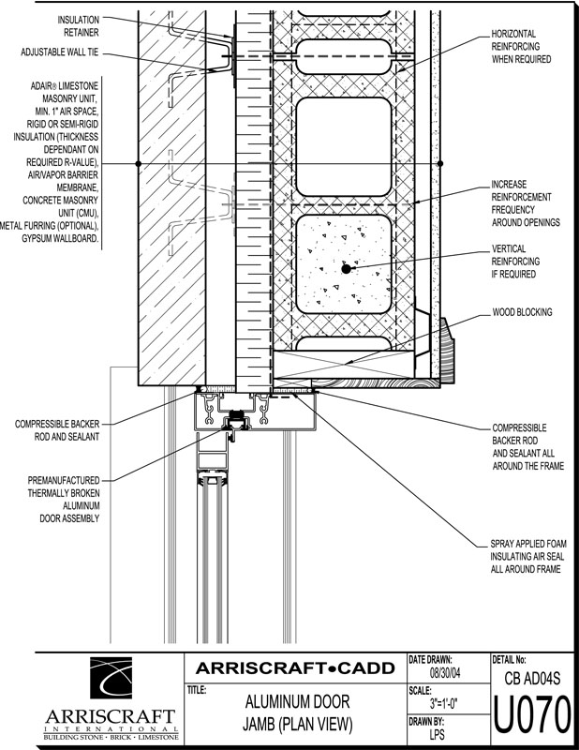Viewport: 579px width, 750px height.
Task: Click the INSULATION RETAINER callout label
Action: [x=79, y=26]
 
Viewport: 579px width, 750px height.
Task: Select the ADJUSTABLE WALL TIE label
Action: [x=60, y=52]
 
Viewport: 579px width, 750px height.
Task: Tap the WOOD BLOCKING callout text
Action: [x=522, y=312]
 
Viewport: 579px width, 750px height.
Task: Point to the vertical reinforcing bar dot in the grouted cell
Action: [x=346, y=269]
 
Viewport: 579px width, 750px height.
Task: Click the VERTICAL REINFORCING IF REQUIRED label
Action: [x=516, y=262]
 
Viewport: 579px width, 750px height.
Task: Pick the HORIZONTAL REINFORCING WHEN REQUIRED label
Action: [x=521, y=46]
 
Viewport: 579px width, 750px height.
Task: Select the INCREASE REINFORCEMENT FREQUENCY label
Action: [x=526, y=203]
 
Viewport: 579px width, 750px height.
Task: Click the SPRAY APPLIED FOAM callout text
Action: [x=528, y=556]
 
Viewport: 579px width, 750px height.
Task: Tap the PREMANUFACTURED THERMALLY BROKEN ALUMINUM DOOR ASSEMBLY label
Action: [x=64, y=500]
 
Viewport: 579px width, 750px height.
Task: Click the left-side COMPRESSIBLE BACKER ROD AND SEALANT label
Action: [x=57, y=430]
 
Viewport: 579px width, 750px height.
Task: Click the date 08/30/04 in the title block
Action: [x=445, y=673]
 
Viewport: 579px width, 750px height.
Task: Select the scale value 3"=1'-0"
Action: [x=444, y=704]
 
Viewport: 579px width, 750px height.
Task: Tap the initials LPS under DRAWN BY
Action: [x=437, y=734]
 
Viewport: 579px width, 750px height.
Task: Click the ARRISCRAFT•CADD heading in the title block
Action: [x=295, y=667]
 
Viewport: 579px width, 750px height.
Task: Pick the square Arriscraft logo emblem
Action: [x=111, y=678]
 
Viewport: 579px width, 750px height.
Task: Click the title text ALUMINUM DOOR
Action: [x=297, y=702]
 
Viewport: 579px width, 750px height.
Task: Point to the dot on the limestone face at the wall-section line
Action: [x=139, y=163]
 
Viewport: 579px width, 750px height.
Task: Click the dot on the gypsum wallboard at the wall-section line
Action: [x=440, y=163]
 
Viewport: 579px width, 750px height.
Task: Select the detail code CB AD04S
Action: [x=532, y=678]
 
